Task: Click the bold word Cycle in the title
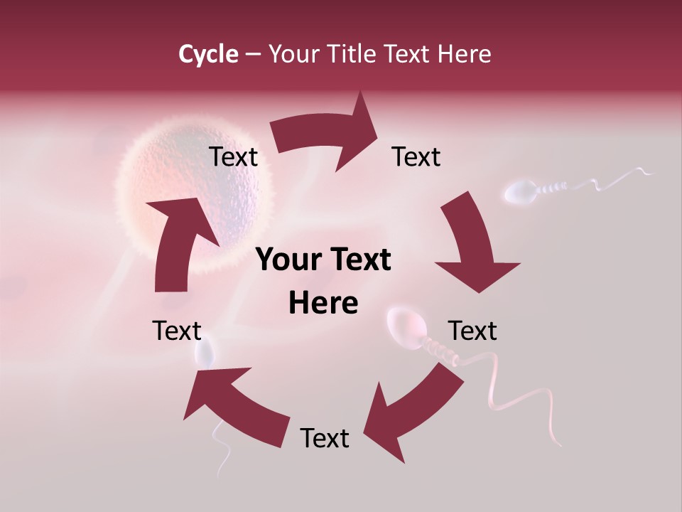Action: coord(208,54)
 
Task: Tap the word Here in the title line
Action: coord(463,54)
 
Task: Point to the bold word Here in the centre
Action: coord(323,304)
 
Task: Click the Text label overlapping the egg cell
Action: coord(233,157)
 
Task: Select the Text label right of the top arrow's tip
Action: coord(416,157)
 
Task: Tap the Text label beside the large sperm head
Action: coord(472,331)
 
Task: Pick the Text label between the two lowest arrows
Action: coord(325,438)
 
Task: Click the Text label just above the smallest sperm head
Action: coord(178,331)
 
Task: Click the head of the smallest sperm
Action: coord(205,354)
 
